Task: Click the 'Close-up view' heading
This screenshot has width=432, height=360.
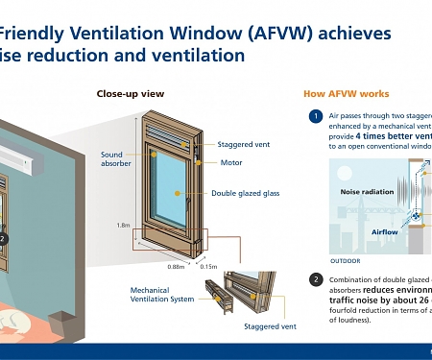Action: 131,93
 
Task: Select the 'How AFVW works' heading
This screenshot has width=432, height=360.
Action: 346,93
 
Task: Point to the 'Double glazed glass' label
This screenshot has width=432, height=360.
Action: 245,194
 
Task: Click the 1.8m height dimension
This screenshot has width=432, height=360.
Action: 123,225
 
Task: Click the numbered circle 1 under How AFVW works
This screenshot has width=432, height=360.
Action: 315,117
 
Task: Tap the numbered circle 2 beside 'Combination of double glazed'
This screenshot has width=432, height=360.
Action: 315,280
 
